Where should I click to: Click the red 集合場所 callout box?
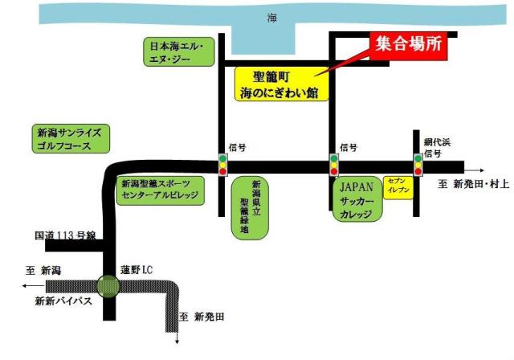tap(407, 46)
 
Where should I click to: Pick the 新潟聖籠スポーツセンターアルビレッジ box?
tap(161, 190)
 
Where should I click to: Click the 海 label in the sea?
tap(272, 17)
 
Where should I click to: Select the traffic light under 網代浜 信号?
tap(418, 166)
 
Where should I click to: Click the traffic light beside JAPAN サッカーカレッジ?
tap(333, 165)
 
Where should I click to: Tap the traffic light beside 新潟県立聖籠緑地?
tap(223, 165)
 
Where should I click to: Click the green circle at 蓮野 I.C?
tap(108, 284)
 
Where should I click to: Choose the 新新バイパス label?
tap(63, 301)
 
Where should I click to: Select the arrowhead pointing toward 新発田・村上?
tap(481, 170)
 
